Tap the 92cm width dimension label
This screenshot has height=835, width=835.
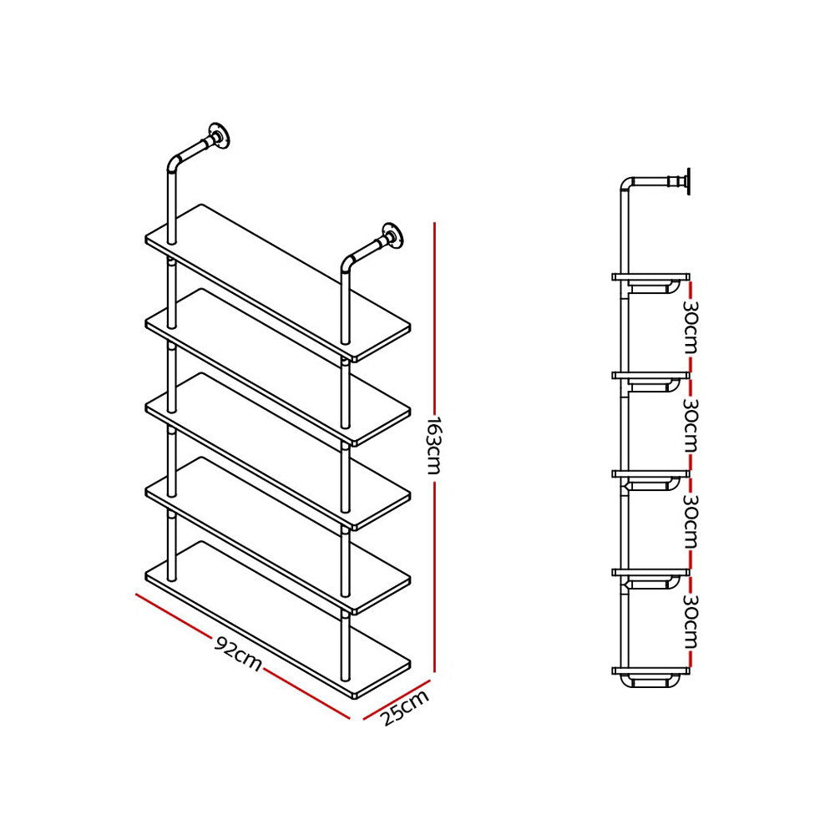click(x=239, y=653)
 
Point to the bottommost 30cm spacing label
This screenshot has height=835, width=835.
click(x=690, y=622)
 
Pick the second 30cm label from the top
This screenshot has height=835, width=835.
click(x=690, y=424)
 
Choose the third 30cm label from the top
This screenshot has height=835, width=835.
click(x=690, y=524)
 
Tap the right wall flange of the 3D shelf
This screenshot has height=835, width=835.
click(x=392, y=236)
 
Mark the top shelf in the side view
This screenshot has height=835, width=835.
click(x=651, y=276)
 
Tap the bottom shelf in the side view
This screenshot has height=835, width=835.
click(x=651, y=671)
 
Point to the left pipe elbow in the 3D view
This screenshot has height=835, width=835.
click(x=175, y=162)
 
